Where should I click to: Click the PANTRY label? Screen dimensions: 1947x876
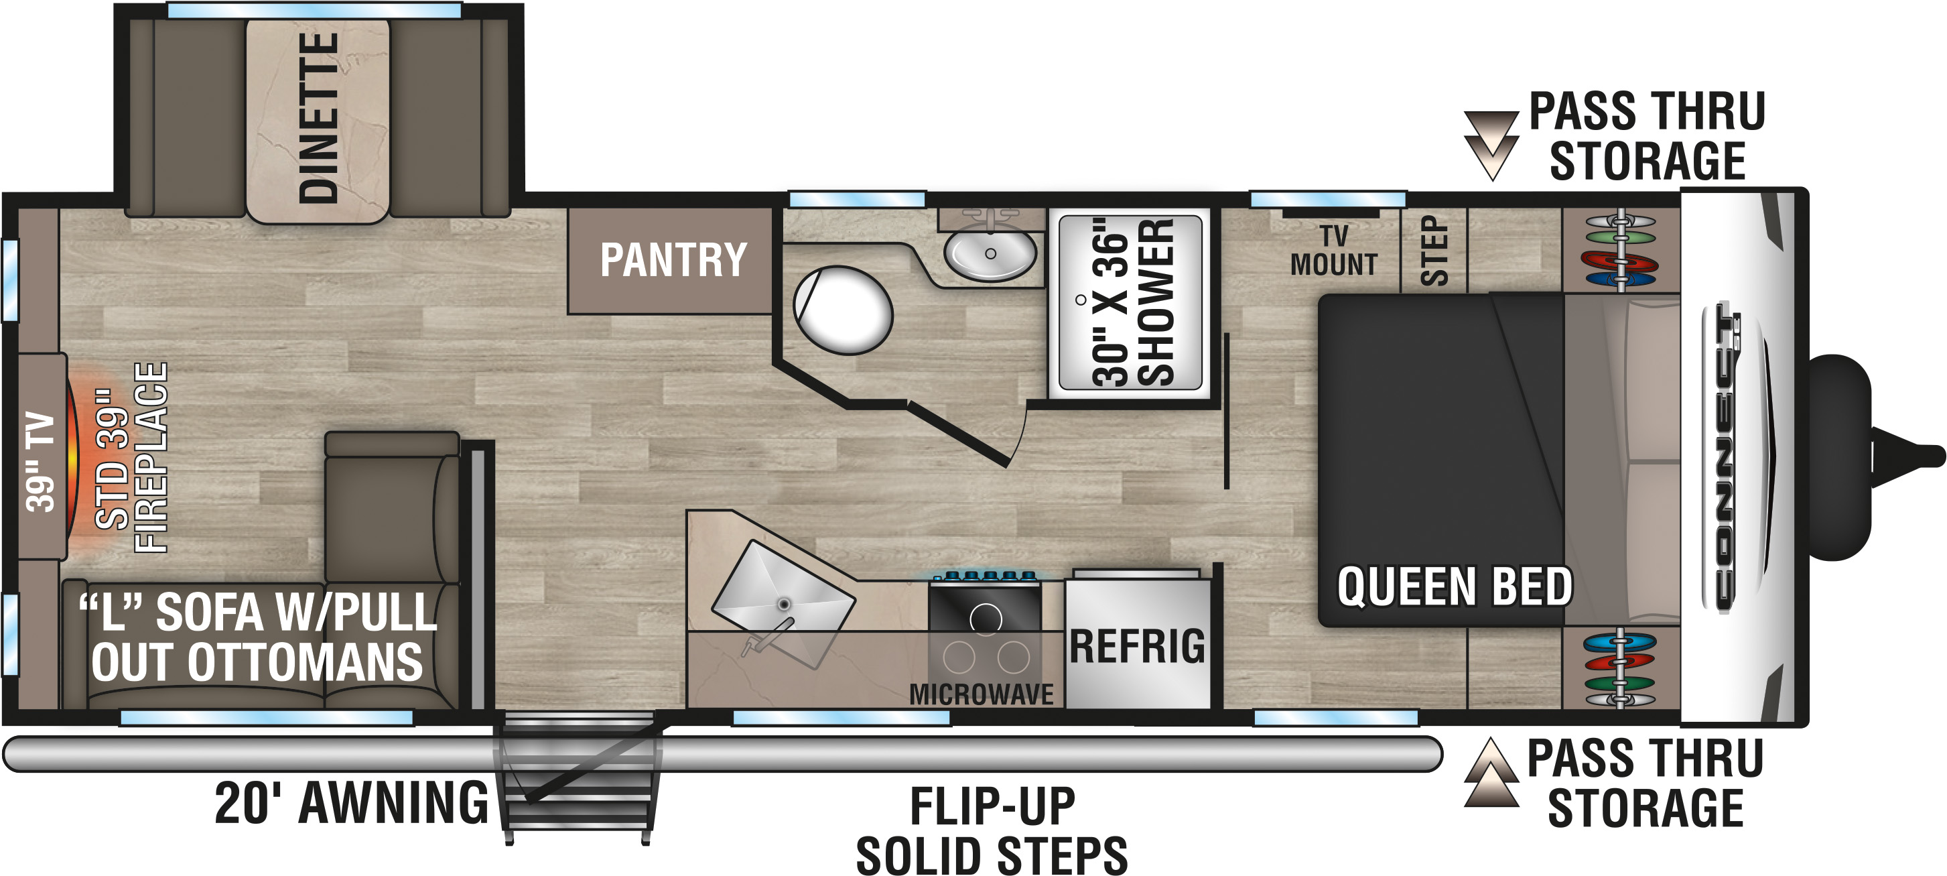[x=673, y=260]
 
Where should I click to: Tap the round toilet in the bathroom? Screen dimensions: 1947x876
[x=843, y=310]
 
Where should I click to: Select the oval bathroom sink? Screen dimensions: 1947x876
[x=990, y=254]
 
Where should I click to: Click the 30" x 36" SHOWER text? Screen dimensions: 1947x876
[x=1132, y=302]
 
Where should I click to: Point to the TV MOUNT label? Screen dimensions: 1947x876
[x=1334, y=250]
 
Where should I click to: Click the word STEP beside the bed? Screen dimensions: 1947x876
[x=1434, y=251]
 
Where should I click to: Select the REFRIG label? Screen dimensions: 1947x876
[x=1138, y=646]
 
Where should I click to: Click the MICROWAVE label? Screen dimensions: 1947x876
[x=981, y=694]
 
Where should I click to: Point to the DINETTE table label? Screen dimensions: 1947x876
[x=318, y=118]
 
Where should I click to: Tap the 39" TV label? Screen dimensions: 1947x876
[x=40, y=462]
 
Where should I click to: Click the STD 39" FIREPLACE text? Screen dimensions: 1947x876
[x=131, y=457]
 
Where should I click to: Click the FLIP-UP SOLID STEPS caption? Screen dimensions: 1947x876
[x=992, y=830]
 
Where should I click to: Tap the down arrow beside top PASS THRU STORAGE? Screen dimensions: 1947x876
[x=1491, y=146]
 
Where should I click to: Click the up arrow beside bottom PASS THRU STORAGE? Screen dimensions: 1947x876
[x=1491, y=771]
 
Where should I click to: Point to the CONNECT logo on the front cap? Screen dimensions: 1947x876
[x=1723, y=456]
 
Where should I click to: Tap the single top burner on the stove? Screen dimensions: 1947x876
[x=986, y=618]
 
